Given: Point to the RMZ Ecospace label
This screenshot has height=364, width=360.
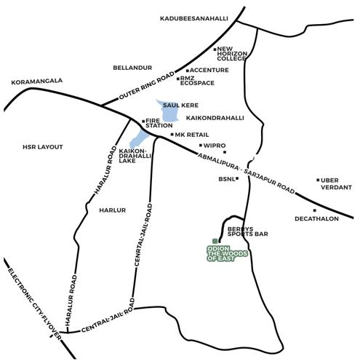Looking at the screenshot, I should [197, 80].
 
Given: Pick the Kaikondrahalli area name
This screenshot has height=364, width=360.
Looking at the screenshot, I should [215, 117].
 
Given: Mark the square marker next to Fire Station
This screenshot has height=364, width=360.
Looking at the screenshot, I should [143, 121].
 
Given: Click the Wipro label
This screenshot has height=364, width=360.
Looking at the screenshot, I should [215, 146].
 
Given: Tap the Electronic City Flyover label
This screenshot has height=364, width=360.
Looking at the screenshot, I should [31, 300].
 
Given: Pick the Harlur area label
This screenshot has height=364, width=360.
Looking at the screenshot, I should [113, 210].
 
